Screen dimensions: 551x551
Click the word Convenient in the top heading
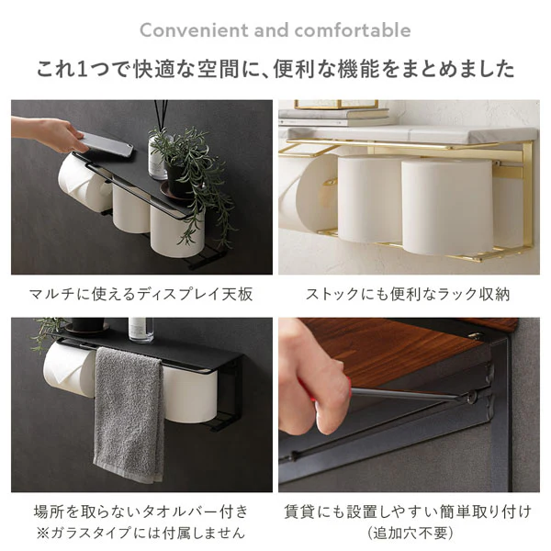(194, 30)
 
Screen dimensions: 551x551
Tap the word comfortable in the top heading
(353, 30)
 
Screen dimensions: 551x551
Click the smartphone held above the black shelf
(105, 143)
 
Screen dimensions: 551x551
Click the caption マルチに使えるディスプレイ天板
(141, 294)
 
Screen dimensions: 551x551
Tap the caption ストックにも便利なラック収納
(408, 294)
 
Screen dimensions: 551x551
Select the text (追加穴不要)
(410, 533)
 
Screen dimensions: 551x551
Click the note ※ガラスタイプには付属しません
(141, 533)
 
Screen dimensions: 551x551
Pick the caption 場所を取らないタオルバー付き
(141, 512)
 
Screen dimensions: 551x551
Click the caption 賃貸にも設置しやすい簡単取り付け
(408, 512)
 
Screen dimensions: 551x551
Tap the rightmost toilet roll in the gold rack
(447, 208)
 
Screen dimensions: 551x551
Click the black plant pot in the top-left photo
(179, 179)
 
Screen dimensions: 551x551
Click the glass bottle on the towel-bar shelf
(141, 330)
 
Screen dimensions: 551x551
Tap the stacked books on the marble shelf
(334, 117)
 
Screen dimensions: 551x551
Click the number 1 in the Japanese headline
(82, 69)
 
